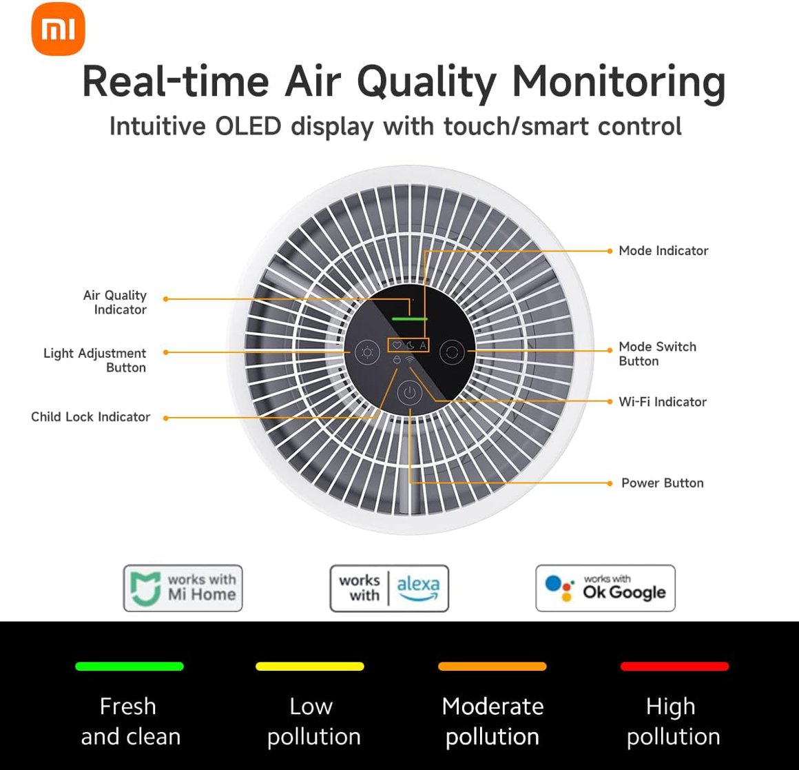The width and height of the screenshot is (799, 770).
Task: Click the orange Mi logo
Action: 58,29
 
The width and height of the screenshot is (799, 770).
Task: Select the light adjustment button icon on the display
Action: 367,353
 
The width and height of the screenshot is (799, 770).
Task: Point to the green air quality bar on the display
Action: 410,319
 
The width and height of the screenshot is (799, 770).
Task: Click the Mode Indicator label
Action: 663,251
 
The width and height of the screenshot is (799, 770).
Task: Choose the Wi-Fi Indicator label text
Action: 662,402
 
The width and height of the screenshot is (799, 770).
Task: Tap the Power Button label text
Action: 662,483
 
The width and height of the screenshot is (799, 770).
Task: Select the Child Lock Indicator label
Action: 90,417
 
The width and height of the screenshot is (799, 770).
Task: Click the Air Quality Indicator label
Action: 115,303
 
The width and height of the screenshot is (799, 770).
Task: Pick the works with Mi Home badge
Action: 183,588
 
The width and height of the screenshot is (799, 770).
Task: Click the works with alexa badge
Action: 389,588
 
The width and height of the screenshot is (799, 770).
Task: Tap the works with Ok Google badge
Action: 605,588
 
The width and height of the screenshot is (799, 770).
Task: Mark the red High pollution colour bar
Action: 674,667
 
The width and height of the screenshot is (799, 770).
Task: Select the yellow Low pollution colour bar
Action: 310,667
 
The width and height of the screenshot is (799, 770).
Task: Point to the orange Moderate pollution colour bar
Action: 492,667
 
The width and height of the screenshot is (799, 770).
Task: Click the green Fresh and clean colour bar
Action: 129,667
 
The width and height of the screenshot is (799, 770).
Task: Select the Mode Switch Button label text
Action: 656,354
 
